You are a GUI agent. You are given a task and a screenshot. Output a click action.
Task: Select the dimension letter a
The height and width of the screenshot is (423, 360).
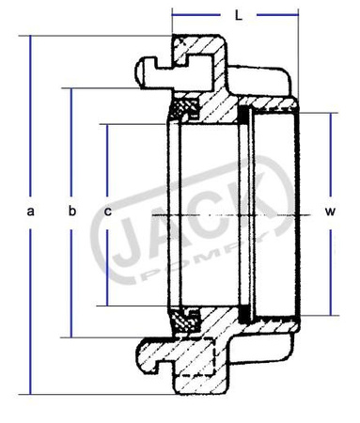[31, 212]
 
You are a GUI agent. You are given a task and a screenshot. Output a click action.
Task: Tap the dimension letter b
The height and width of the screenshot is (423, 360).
[71, 212]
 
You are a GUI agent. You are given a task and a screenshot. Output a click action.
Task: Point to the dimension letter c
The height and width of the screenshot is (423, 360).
[109, 212]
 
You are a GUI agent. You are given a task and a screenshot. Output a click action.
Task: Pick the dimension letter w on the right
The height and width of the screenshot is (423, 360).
[330, 212]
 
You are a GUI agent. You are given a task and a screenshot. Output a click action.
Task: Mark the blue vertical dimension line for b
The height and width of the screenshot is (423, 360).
[71, 141]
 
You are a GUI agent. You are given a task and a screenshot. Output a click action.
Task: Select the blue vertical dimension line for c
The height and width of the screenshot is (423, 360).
[109, 160]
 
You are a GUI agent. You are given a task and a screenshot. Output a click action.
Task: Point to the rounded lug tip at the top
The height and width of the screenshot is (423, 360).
[142, 68]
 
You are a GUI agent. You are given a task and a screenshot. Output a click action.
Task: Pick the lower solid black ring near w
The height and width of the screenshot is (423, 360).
[244, 308]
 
